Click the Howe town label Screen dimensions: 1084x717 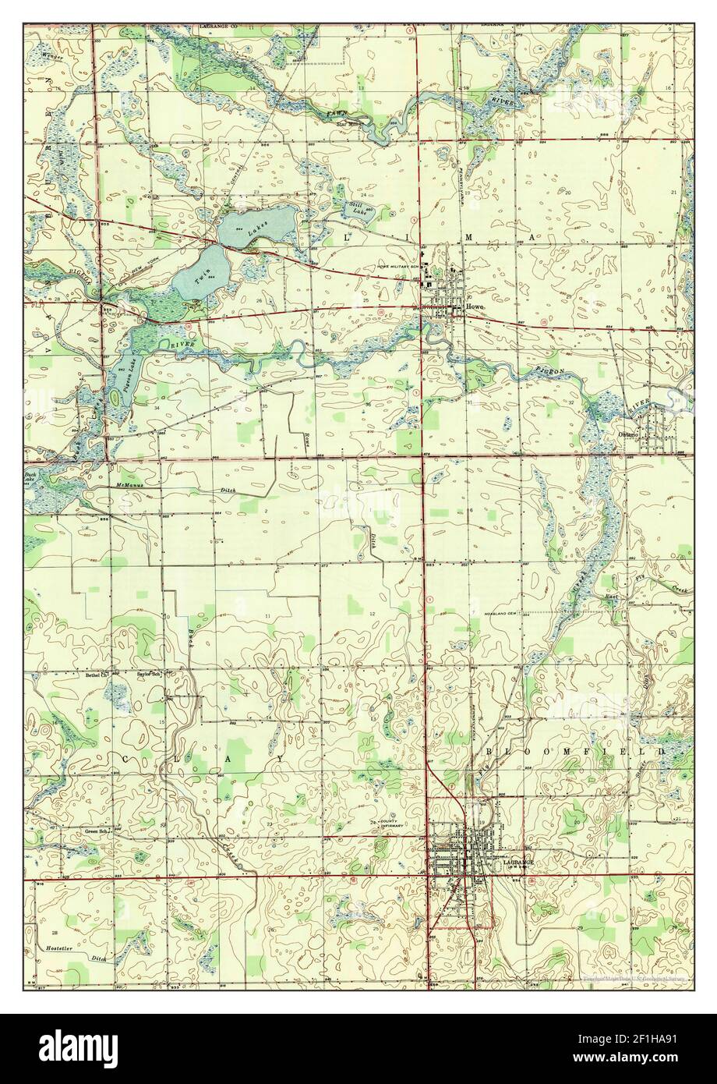475,307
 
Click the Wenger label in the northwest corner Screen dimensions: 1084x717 55,57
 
